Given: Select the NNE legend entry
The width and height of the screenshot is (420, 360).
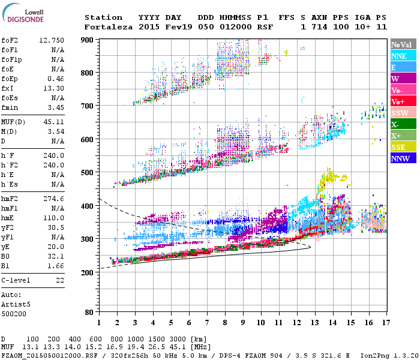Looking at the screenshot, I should (403, 56).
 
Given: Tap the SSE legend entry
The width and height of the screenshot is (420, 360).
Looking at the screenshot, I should (403, 147).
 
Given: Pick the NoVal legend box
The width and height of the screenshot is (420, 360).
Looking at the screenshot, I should (403, 44).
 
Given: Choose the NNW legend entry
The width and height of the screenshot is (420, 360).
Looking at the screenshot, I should (403, 158).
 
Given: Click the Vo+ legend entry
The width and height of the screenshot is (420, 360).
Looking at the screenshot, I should (403, 101).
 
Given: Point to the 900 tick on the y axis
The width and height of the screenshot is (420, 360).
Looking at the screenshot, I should (88, 40).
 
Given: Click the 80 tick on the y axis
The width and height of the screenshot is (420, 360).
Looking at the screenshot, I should (90, 312).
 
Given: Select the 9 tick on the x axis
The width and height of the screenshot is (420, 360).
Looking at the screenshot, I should (243, 322).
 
